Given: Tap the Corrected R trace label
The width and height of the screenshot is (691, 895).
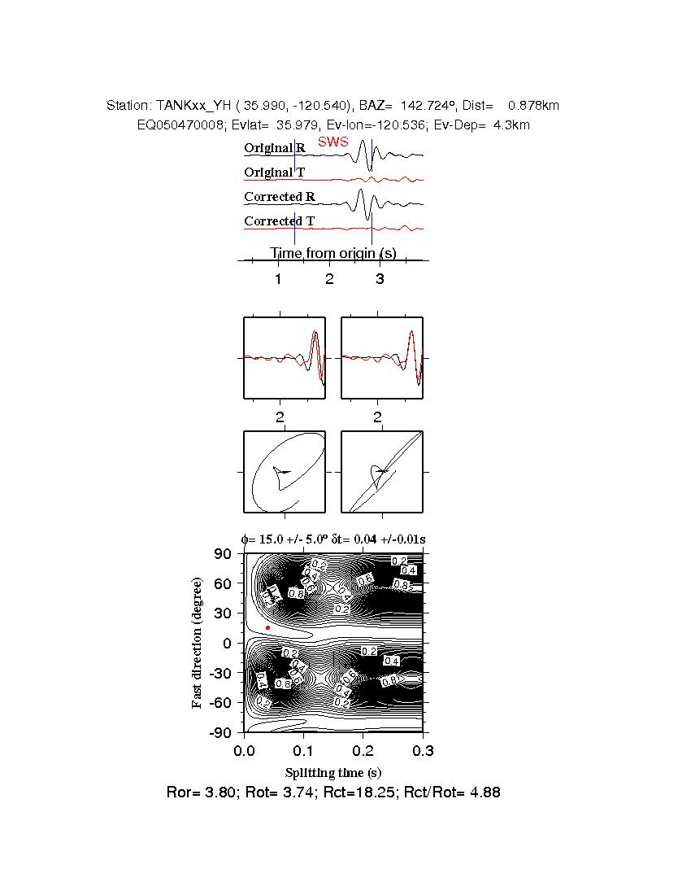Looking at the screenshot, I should pos(280,197).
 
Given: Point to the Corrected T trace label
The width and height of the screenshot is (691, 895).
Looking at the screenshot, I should pos(280,221).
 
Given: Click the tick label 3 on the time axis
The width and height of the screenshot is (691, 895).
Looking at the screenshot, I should pos(380,280).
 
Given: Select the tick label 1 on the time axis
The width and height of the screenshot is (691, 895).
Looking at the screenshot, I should pos(278,280).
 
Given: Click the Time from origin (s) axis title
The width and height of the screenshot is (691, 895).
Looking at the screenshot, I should pos(333,253).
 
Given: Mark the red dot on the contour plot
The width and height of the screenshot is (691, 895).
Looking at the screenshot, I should pos(267,627).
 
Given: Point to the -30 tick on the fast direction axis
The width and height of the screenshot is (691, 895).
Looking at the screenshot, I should pos(220,673).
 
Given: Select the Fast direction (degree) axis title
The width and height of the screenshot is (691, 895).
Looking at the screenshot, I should pos(198,643).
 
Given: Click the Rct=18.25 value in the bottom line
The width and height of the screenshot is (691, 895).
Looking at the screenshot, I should pos(383,792).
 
